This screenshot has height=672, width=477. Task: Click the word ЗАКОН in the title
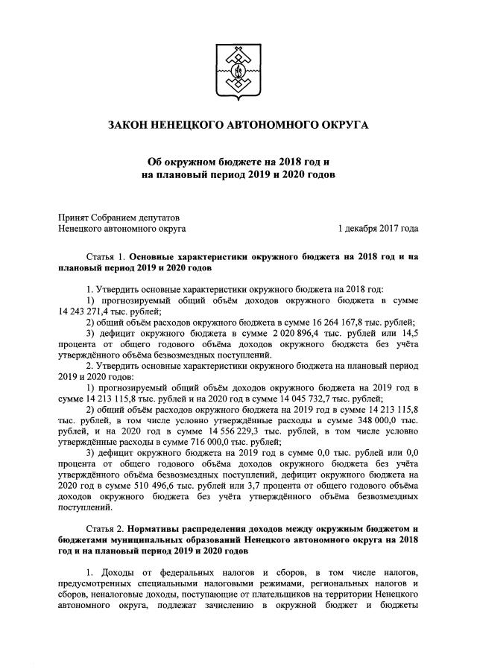coord(128,123)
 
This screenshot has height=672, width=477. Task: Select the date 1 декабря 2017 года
coord(378,229)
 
